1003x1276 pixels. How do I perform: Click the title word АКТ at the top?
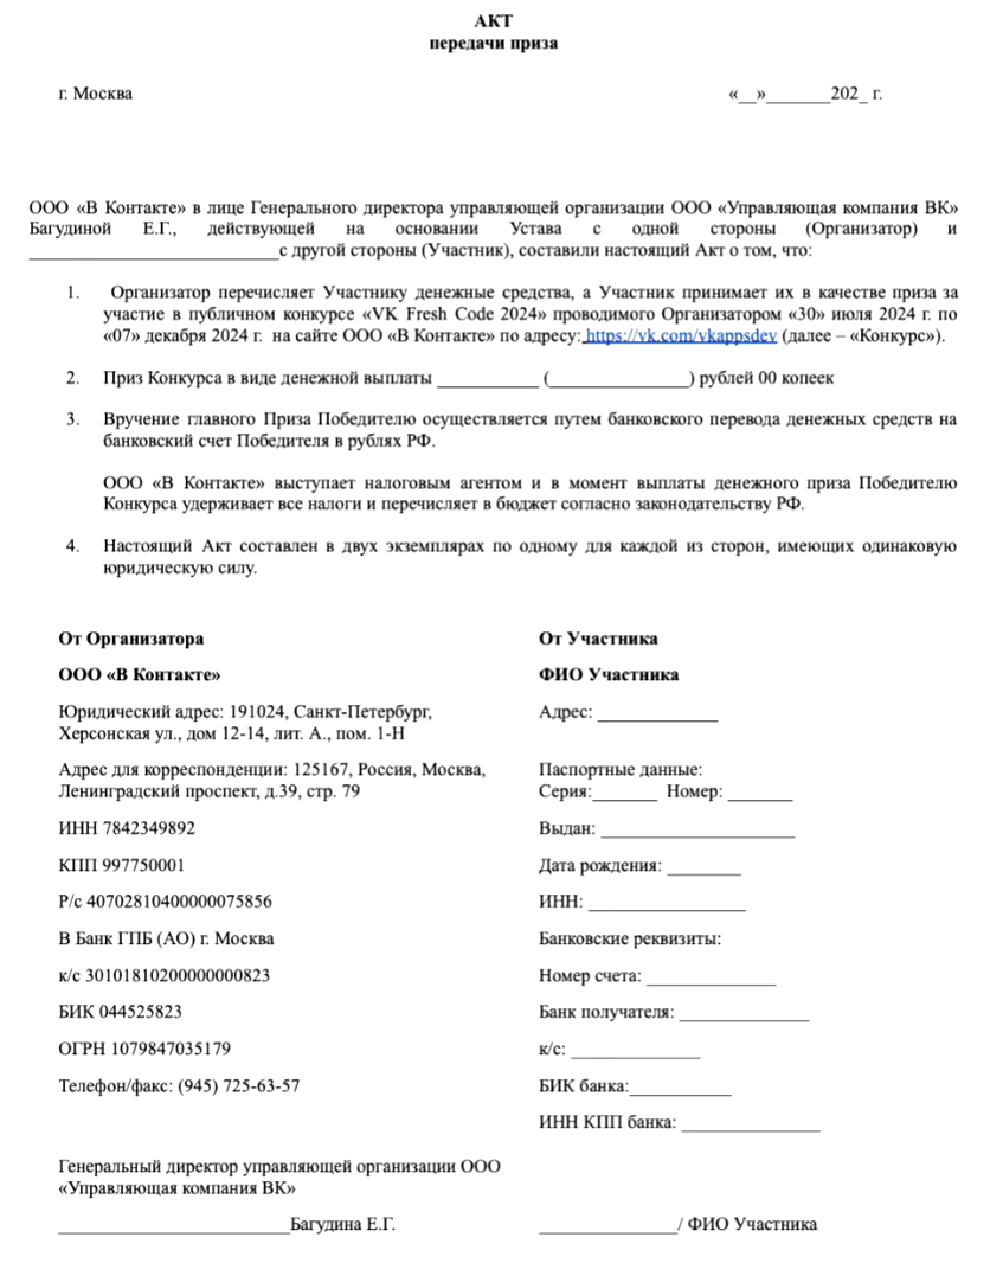click(493, 21)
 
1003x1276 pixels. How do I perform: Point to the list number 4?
click(73, 546)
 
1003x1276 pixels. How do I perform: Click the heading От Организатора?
click(131, 639)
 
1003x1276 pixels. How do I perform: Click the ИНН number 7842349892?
click(149, 828)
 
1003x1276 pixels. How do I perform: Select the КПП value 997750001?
click(144, 865)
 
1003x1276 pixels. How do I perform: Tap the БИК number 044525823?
click(141, 1012)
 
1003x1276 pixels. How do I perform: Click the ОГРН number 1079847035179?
click(171, 1049)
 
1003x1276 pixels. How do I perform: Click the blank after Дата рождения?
click(704, 868)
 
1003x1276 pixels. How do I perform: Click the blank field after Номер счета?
click(711, 978)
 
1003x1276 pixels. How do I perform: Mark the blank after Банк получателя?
click(744, 1015)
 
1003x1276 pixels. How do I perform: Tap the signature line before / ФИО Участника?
click(608, 1227)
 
